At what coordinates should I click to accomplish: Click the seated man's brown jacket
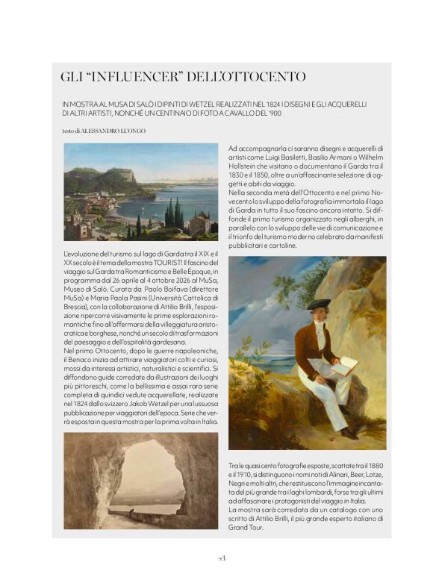point(312,342)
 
